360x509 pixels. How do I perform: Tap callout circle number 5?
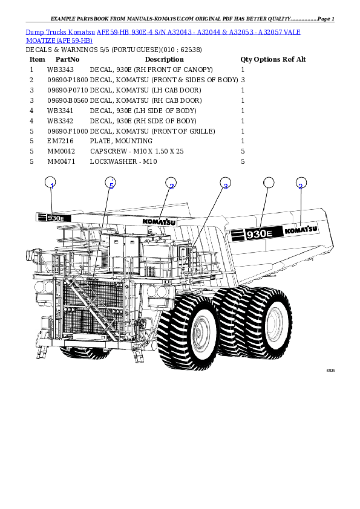click(110, 184)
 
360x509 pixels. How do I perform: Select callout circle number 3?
click(224, 184)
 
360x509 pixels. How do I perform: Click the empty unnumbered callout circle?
click(269, 184)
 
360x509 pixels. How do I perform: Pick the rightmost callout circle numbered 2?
click(300, 184)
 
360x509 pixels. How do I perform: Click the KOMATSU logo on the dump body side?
click(301, 229)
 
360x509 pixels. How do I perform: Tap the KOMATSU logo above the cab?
click(159, 221)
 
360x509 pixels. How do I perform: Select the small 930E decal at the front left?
click(53, 218)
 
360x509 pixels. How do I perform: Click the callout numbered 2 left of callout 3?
click(171, 184)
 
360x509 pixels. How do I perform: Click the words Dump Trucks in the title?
click(46, 31)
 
